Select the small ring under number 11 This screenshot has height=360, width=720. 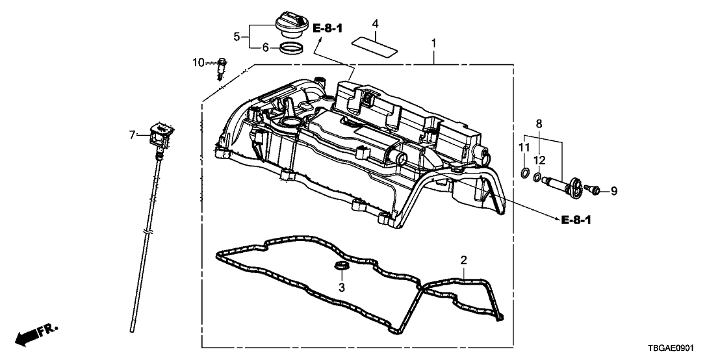pyautogui.click(x=524, y=173)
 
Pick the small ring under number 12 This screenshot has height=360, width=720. pyautogui.click(x=537, y=175)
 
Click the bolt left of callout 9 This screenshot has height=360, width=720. pyautogui.click(x=592, y=188)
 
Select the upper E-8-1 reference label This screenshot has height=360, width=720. pyautogui.click(x=328, y=28)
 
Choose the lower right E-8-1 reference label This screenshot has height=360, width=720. pyautogui.click(x=576, y=220)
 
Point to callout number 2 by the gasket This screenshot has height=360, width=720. pyautogui.click(x=464, y=261)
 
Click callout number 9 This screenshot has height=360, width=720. pyautogui.click(x=614, y=190)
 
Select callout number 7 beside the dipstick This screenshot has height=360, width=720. pyautogui.click(x=132, y=135)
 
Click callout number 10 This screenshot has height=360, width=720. pyautogui.click(x=198, y=62)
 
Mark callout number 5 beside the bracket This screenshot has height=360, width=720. pyautogui.click(x=237, y=36)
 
